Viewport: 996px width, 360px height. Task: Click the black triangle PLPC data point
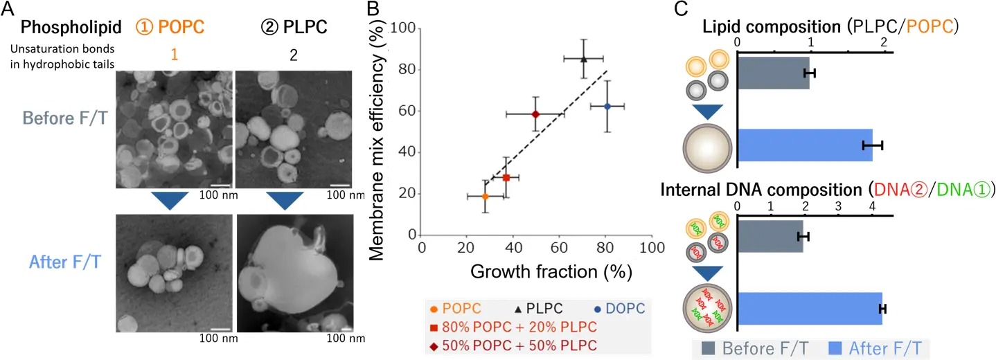click(x=583, y=59)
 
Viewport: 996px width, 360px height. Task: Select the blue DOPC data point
click(x=607, y=106)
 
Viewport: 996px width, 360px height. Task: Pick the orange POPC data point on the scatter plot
click(x=485, y=197)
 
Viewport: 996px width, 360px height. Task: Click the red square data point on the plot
click(x=506, y=178)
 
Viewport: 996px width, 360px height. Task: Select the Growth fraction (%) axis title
click(x=551, y=271)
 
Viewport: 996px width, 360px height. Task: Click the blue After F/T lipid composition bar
click(x=806, y=145)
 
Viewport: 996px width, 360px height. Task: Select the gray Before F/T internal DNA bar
click(x=771, y=237)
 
